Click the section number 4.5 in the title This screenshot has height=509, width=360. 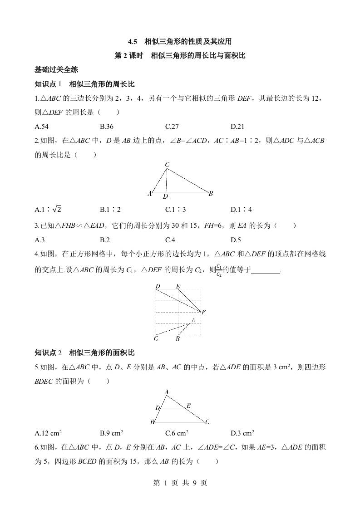pos(133,42)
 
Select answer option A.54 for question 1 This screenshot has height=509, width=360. pos(41,127)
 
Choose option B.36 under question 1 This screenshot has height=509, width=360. pos(107,127)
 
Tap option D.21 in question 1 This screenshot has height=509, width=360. pos(237,127)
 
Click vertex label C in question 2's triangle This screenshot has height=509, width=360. pos(167,164)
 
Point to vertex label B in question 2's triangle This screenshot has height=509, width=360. pos(211,194)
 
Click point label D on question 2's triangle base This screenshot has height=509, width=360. pos(166,196)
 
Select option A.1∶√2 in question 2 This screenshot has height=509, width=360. pos(48,210)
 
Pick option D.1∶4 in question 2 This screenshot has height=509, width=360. pos(241,210)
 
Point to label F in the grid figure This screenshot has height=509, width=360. pos(203,312)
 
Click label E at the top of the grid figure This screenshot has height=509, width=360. pos(178,286)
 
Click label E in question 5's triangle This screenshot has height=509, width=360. pos(188,405)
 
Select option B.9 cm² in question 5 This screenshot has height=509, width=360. pos(112,433)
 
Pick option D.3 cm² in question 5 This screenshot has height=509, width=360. pos(242,433)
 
